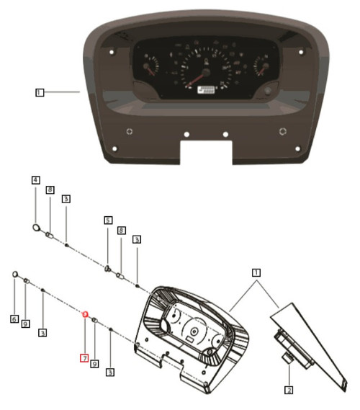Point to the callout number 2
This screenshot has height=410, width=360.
pos(289,391)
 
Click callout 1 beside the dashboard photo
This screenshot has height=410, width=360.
pos(40,92)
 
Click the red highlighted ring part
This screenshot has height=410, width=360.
pos(84,315)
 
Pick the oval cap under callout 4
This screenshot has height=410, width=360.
pos(35,228)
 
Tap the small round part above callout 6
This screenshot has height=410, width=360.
pos(14,274)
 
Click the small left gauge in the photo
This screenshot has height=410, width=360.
pos(149,69)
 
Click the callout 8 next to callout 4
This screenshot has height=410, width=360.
pos(50,190)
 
